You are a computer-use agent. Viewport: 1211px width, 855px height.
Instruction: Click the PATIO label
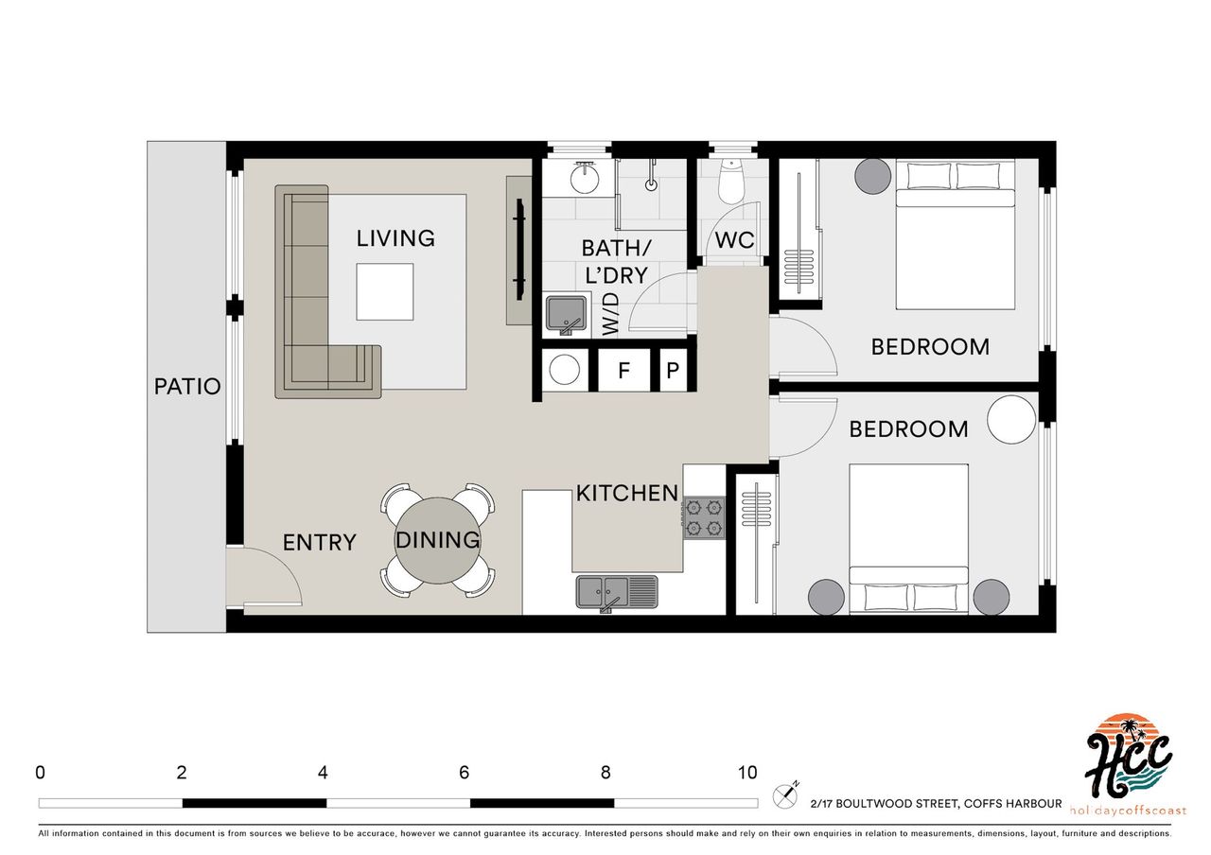pos(187,387)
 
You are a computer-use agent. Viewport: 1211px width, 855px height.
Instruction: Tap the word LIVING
pos(395,238)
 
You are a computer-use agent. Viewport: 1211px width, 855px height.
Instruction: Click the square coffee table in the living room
pos(385,292)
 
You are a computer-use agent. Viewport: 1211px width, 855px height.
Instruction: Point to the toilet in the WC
pos(731,182)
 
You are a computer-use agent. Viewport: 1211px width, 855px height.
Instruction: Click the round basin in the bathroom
pos(585,178)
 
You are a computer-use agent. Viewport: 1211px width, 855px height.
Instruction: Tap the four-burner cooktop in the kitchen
pos(704,517)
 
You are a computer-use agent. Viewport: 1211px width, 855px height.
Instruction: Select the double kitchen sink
pos(617,592)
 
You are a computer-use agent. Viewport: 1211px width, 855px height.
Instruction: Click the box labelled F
pos(623,370)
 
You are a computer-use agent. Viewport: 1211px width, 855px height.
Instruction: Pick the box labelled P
pos(673,370)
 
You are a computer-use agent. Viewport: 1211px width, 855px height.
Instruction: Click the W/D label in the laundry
pos(610,313)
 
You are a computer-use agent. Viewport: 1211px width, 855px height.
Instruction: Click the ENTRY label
pos(320,543)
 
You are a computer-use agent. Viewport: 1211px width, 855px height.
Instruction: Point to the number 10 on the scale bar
pos(747,773)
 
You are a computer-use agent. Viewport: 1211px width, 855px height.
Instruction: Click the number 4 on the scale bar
pos(323,773)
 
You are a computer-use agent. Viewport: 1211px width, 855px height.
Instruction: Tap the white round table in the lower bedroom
pos(1011,419)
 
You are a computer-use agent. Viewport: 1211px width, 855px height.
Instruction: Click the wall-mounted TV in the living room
pos(520,249)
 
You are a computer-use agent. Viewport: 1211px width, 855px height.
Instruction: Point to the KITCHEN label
pos(627,493)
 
